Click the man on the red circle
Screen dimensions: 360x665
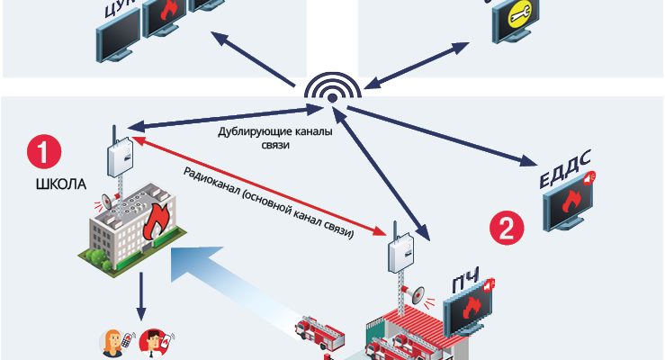(154, 344)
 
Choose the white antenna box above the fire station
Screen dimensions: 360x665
(398, 254)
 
